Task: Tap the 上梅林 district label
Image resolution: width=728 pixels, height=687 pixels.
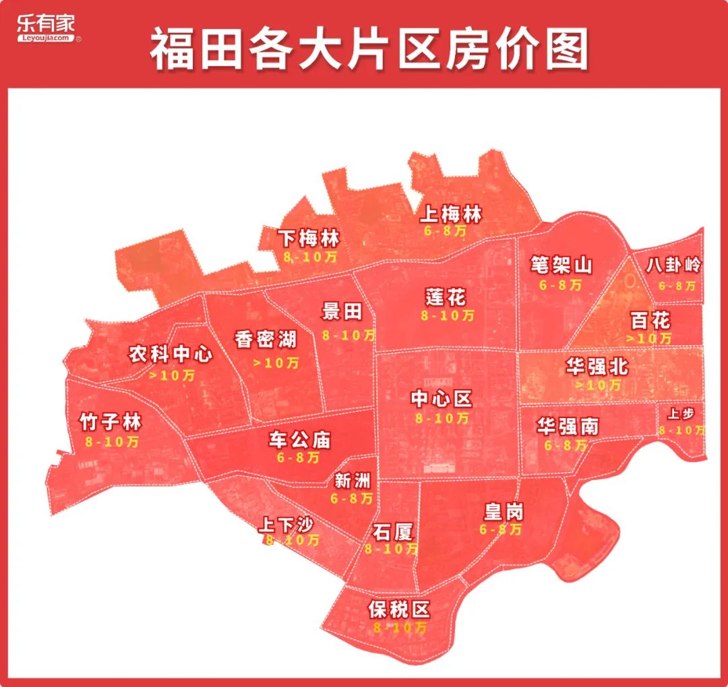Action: click(451, 215)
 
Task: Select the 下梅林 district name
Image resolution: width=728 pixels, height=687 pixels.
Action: click(309, 239)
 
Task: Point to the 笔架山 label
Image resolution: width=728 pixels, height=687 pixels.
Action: click(561, 265)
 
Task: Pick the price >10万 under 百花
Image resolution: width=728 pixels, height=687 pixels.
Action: click(650, 338)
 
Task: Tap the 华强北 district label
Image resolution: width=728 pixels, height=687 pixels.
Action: click(597, 367)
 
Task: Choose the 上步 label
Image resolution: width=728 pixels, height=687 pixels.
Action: click(681, 414)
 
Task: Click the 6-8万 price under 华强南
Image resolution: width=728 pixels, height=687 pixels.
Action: click(565, 445)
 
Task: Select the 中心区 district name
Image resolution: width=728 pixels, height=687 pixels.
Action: click(442, 399)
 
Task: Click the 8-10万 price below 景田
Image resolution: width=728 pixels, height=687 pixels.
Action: click(348, 334)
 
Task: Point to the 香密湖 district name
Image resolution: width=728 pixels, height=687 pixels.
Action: click(266, 339)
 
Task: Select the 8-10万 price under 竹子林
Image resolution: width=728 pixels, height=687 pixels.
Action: click(112, 442)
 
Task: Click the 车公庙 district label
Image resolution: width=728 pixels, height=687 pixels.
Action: click(299, 440)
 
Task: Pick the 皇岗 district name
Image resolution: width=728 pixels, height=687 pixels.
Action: click(503, 512)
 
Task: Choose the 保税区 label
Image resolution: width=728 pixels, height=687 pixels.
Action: click(400, 610)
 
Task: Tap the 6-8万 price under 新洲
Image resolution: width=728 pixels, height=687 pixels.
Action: click(352, 499)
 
